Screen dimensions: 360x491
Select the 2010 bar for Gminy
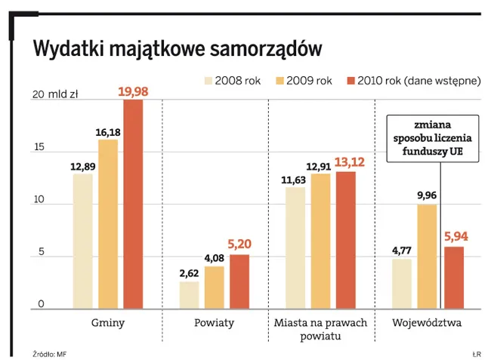tap(133, 204)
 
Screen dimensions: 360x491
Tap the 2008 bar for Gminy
tap(83, 242)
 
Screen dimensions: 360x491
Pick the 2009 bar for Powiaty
tap(214, 288)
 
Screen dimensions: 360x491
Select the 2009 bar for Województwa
tap(428, 257)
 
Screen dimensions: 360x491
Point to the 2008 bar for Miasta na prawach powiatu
tap(295, 248)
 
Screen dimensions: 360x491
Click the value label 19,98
tap(133, 91)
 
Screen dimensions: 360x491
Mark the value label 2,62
tap(189, 274)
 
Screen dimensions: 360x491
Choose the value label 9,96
tap(428, 195)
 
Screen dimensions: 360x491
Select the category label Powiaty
tap(215, 323)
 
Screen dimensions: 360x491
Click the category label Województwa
tap(427, 323)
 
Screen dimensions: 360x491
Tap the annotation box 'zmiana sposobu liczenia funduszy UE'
tap(432, 139)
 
